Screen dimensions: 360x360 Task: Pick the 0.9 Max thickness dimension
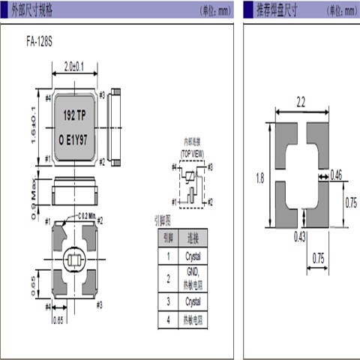pyautogui.click(x=35, y=193)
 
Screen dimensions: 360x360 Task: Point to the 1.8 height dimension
pyautogui.click(x=259, y=178)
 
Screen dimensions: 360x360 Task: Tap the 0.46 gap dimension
pyautogui.click(x=337, y=175)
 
